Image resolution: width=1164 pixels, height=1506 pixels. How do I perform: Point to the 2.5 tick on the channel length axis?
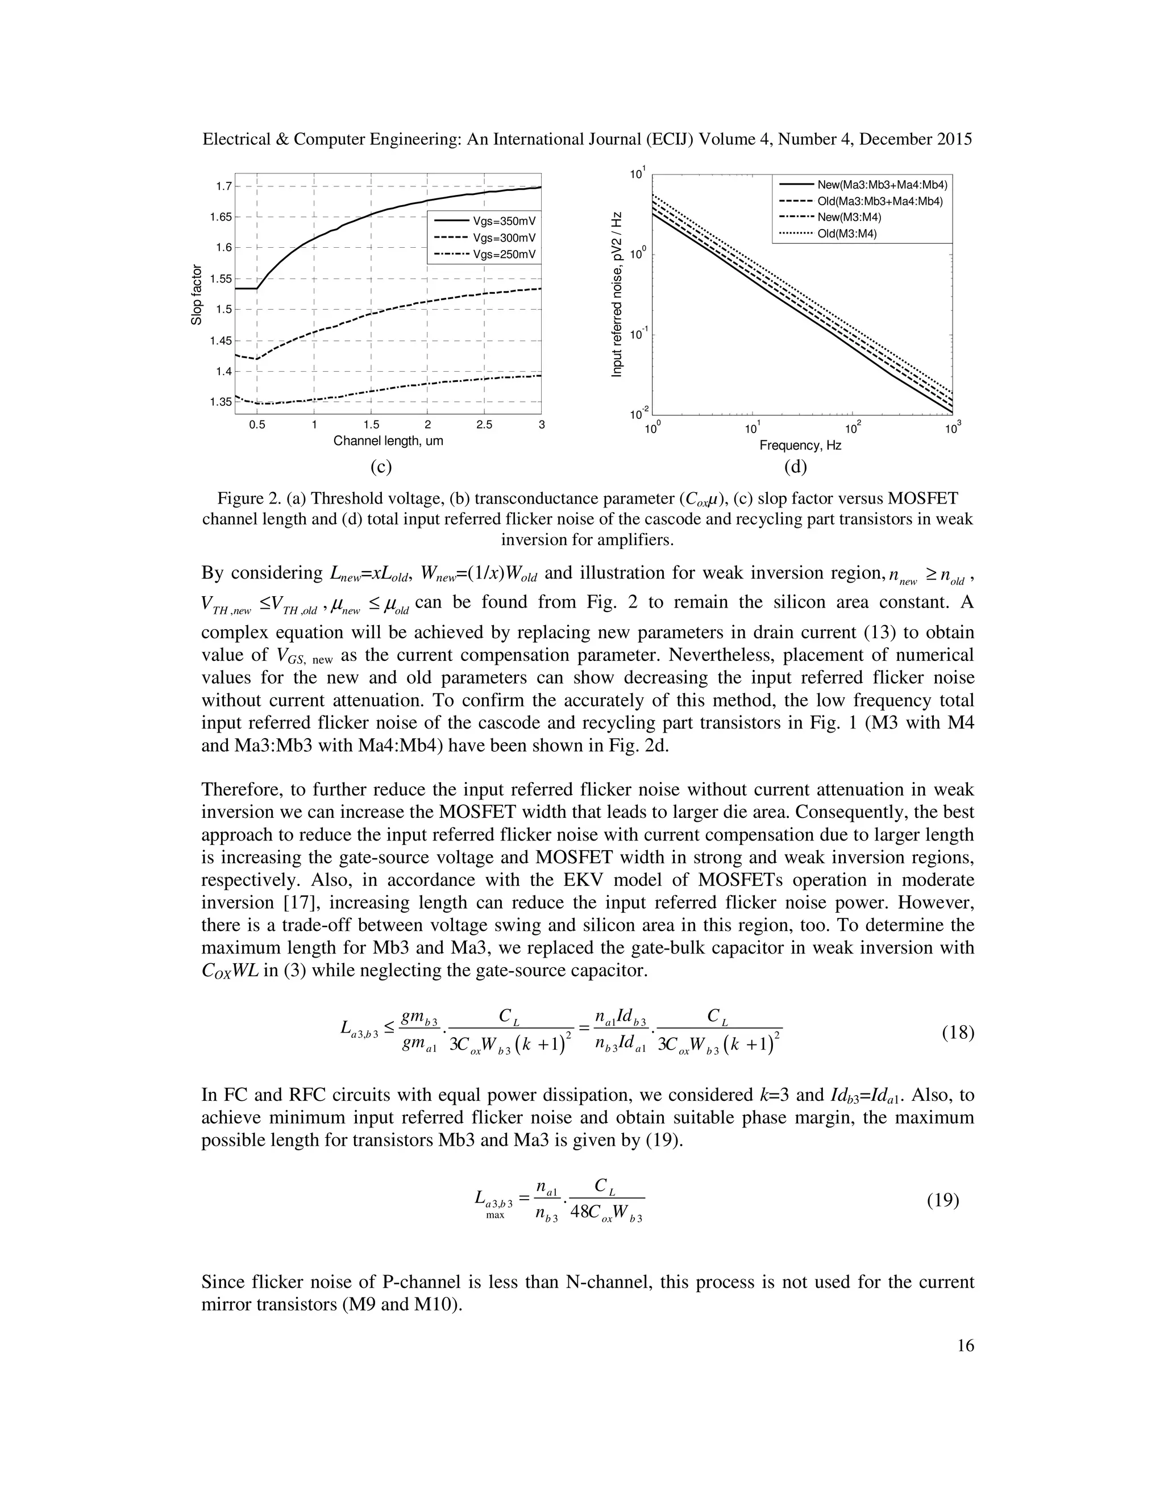[484, 425]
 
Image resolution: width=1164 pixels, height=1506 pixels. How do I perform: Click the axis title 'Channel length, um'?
[388, 440]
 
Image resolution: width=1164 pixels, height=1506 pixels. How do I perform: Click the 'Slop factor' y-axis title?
[197, 294]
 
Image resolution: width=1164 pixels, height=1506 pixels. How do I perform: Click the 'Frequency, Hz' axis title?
[800, 446]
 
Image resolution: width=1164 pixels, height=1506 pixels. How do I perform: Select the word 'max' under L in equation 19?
[495, 1215]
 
